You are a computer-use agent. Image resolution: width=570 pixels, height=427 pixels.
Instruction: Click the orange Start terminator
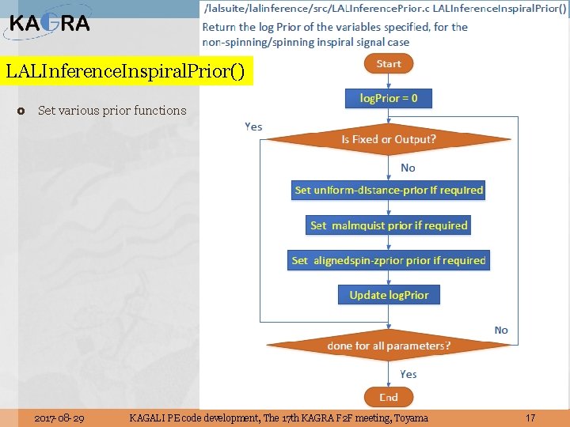[389, 64]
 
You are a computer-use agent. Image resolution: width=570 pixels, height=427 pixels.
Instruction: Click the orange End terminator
[388, 397]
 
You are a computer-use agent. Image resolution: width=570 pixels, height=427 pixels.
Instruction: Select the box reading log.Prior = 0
[389, 99]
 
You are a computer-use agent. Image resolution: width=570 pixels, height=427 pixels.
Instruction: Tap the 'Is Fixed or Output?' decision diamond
[389, 139]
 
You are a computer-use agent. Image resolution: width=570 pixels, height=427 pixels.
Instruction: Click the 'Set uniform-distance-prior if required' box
[389, 190]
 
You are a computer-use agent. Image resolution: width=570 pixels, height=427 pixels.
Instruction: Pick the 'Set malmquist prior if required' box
[389, 225]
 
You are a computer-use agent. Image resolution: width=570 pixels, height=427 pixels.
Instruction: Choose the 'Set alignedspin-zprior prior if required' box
[389, 260]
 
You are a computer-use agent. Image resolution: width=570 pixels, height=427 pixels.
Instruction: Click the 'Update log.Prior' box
[389, 295]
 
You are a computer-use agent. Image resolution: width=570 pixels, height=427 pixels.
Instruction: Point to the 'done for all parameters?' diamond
[389, 346]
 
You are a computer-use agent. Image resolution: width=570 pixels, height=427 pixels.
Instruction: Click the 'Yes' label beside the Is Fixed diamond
[253, 127]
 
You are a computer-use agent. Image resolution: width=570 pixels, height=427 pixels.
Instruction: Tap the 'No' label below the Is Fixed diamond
[408, 168]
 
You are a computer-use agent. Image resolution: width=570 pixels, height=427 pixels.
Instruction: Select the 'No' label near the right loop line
[501, 330]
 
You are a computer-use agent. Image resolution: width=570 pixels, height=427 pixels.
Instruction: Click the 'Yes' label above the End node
[408, 374]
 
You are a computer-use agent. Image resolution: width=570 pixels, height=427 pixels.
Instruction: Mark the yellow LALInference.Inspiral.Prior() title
[128, 71]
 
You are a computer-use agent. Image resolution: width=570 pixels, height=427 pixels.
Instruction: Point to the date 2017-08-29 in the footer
[61, 418]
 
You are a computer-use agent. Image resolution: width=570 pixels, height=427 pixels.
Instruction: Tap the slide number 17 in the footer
[530, 418]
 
